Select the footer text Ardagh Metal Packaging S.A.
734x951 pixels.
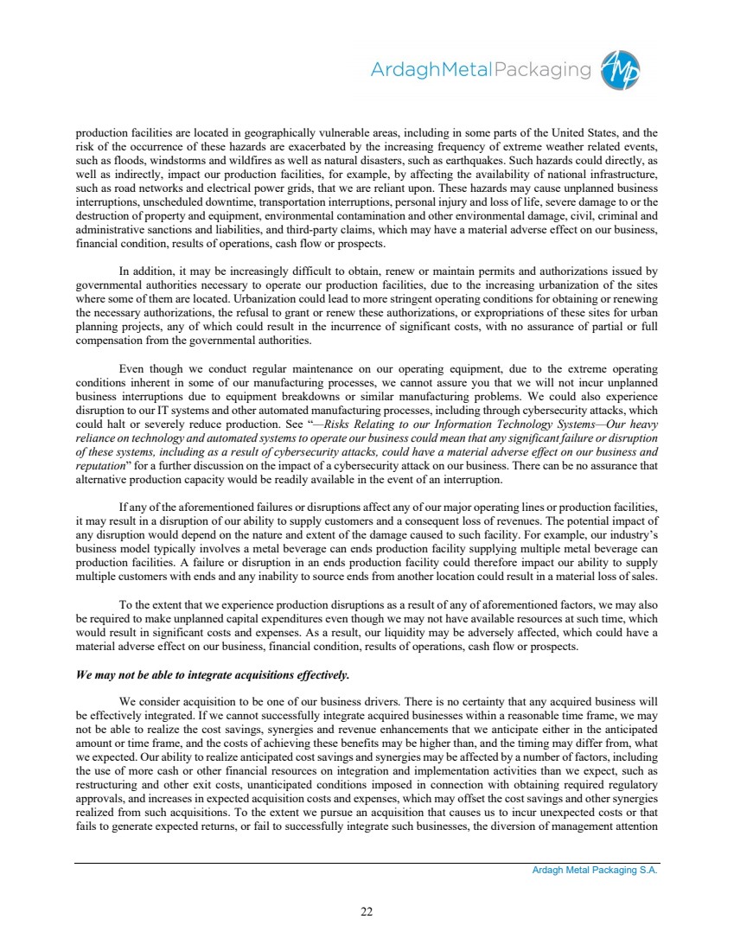[595, 871]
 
